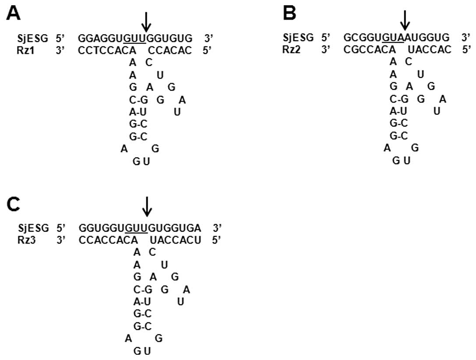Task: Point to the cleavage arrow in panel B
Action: click(x=405, y=19)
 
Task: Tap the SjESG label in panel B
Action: click(x=298, y=38)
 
